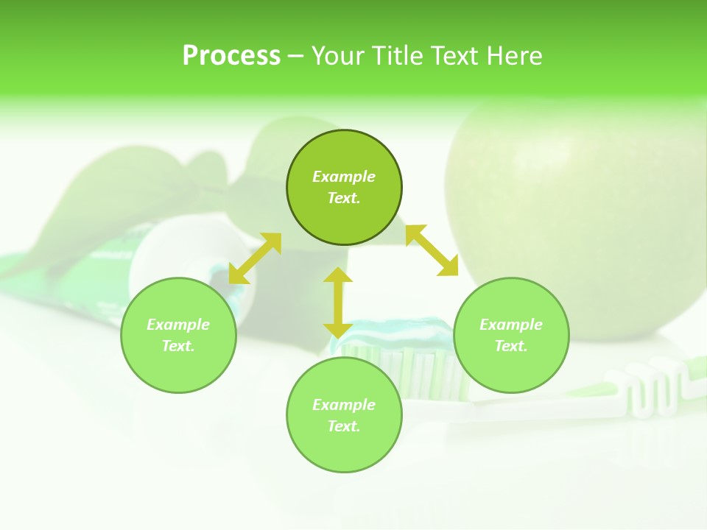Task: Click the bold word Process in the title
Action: click(231, 56)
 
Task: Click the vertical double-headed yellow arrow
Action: click(338, 303)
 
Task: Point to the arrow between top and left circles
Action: click(255, 258)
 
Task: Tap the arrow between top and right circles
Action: click(432, 250)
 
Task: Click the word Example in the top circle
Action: click(344, 177)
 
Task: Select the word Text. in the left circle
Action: click(178, 346)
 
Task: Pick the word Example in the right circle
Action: click(511, 325)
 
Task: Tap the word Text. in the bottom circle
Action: click(344, 426)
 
